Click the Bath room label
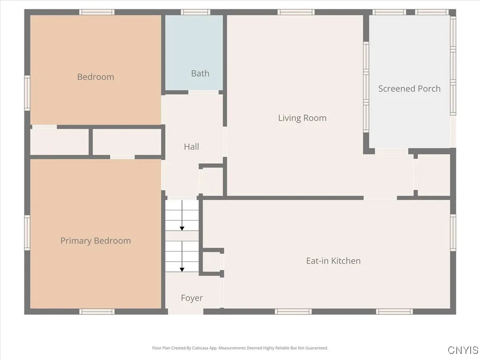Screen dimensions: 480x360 (200, 74)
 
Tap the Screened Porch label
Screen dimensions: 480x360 (409, 89)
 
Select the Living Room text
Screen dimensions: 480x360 (302, 118)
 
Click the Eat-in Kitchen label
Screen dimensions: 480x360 (333, 261)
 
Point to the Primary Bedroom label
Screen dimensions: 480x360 (96, 241)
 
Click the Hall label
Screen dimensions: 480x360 (191, 147)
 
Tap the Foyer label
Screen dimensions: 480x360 (192, 298)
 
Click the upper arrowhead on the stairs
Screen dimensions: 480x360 (182, 228)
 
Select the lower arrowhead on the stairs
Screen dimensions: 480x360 (182, 270)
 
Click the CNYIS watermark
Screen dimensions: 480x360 (463, 350)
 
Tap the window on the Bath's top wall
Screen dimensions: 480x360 (195, 12)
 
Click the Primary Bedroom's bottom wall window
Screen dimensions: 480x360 (97, 312)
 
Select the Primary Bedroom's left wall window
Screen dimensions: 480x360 (27, 232)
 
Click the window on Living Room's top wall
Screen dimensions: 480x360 (296, 12)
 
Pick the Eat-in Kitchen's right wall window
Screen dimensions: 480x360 (453, 232)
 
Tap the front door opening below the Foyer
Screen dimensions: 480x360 (186, 312)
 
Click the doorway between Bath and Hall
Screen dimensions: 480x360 (203, 92)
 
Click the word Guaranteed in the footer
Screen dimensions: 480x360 (317, 348)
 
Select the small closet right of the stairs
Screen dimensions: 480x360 (211, 262)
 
